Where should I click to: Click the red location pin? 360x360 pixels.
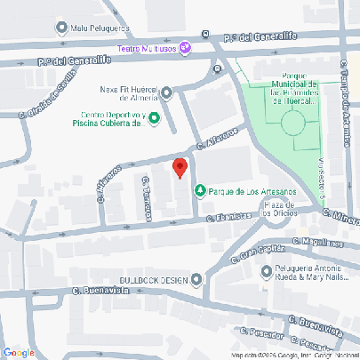pos(179,166)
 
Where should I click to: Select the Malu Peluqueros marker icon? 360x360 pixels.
pos(60,28)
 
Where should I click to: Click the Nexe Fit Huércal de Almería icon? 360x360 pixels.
pos(166,92)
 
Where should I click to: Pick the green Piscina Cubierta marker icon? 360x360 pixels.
pos(154,118)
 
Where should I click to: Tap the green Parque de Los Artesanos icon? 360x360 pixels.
pos(201,189)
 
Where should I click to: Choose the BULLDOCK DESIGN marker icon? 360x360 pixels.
pos(196,280)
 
